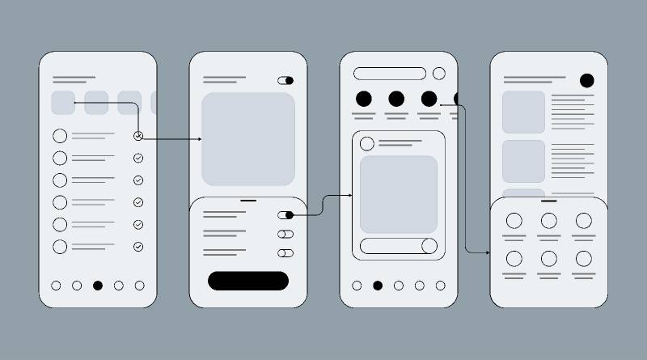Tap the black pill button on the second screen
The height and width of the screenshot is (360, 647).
click(x=248, y=281)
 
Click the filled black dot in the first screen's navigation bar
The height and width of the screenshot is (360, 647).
click(x=98, y=286)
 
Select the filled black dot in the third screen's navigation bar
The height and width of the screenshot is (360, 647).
click(x=377, y=286)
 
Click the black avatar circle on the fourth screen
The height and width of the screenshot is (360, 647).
click(x=586, y=80)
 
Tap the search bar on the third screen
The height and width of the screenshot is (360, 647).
click(x=390, y=74)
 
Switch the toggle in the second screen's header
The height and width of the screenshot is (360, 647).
click(x=285, y=80)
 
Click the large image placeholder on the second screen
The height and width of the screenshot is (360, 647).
click(x=248, y=138)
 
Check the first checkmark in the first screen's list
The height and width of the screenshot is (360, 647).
click(x=138, y=136)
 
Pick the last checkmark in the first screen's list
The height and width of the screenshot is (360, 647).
click(x=138, y=247)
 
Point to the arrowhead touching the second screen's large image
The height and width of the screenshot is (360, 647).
click(x=199, y=139)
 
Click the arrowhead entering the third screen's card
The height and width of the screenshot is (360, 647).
click(x=349, y=195)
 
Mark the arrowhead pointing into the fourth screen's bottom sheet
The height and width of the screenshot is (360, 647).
click(x=487, y=252)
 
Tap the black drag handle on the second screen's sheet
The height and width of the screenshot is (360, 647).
click(x=248, y=200)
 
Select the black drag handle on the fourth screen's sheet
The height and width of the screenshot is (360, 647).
click(x=549, y=200)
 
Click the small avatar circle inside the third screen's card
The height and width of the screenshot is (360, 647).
click(x=367, y=144)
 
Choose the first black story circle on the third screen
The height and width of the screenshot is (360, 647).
click(x=364, y=99)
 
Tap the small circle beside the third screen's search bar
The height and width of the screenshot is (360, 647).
click(x=439, y=74)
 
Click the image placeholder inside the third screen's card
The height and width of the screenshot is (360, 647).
click(x=399, y=194)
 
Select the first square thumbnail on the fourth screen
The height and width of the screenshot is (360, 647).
click(x=523, y=112)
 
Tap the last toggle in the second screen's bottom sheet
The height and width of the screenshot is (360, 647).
click(x=285, y=253)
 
